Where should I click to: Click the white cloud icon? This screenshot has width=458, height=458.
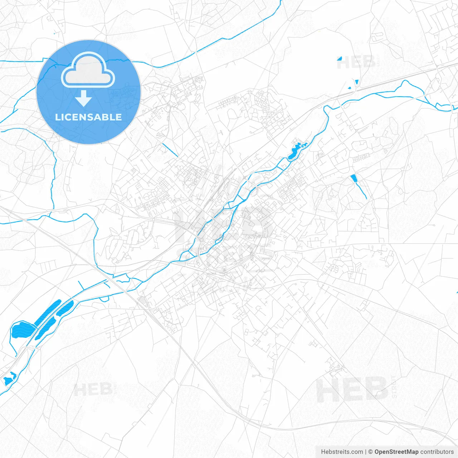pyautogui.click(x=88, y=71)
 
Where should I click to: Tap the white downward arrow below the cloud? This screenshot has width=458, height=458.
pyautogui.click(x=84, y=98)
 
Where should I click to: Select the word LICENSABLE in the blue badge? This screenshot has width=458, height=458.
pyautogui.click(x=88, y=117)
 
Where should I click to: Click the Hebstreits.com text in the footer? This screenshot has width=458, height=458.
pyautogui.click(x=342, y=452)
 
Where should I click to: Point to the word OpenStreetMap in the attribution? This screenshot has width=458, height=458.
pyautogui.click(x=396, y=452)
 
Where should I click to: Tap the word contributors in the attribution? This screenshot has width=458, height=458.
pyautogui.click(x=437, y=452)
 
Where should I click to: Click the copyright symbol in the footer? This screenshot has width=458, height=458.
pyautogui.click(x=371, y=452)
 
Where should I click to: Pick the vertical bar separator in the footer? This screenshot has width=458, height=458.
pyautogui.click(x=366, y=452)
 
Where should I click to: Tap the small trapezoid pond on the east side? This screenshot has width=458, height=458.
pyautogui.click(x=354, y=178)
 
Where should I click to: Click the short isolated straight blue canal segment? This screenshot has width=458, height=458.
pyautogui.click(x=170, y=150)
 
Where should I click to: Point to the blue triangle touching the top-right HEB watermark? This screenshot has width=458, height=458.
pyautogui.click(x=339, y=58)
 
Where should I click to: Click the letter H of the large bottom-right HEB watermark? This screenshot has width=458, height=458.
pyautogui.click(x=327, y=390)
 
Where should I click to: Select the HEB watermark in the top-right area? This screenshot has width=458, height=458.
pyautogui.click(x=356, y=63)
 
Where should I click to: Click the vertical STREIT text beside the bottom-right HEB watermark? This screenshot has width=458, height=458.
pyautogui.click(x=394, y=387)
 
